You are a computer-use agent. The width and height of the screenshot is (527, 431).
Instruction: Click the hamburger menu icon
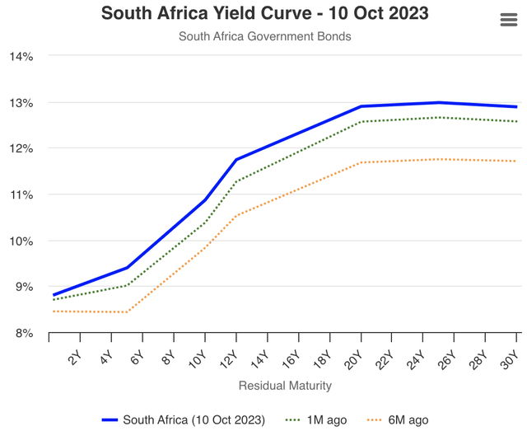[x=508, y=21]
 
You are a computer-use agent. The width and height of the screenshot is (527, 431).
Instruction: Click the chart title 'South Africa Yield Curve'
[x=264, y=14]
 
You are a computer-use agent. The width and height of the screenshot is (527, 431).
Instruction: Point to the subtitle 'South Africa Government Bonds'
[x=264, y=36]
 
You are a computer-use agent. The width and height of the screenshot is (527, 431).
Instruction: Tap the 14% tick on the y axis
[x=21, y=57]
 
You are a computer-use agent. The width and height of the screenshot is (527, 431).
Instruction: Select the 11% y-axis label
[x=21, y=195]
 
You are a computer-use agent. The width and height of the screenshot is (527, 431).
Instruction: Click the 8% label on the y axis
[x=21, y=333]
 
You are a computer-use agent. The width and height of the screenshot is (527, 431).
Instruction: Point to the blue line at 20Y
[x=361, y=106]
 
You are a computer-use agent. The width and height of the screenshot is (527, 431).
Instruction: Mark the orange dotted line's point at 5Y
[x=127, y=312]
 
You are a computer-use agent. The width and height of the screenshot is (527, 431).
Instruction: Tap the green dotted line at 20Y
[x=361, y=122]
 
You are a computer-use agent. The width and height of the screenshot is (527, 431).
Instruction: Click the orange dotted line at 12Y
[x=236, y=215]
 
